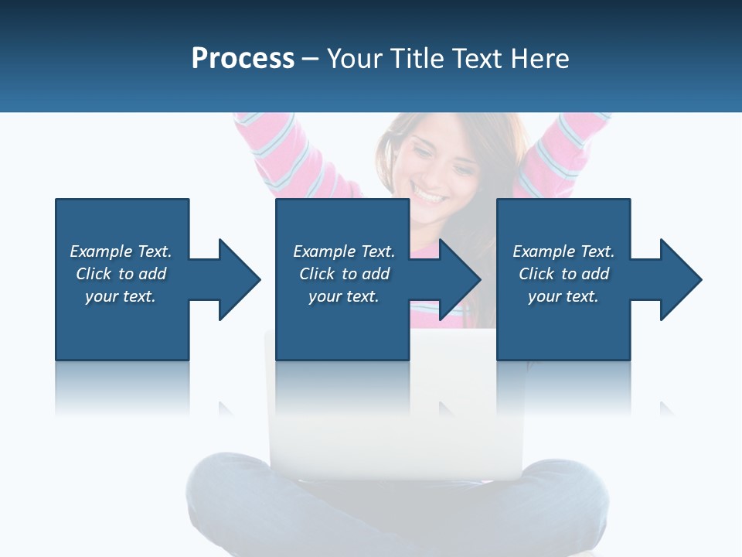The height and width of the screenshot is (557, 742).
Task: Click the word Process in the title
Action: point(243,59)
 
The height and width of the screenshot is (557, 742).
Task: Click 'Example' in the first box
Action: point(100,251)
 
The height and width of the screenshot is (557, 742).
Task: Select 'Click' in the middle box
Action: point(316,274)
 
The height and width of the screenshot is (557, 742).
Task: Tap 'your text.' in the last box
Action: point(563,296)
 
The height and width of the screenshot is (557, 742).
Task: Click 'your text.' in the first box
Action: point(121,296)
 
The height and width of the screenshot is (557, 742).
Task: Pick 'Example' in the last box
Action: point(543,251)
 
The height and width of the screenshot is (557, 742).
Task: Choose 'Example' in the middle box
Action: point(324,251)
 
